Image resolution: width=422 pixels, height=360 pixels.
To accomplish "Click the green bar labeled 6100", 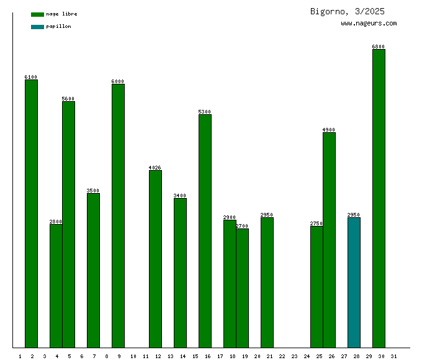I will pyautogui.click(x=31, y=214).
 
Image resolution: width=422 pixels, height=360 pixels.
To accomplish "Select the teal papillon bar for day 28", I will pyautogui.click(x=354, y=282).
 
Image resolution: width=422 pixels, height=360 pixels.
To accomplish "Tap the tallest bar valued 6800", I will pyautogui.click(x=379, y=198).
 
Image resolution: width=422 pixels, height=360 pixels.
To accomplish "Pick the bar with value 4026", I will pyautogui.click(x=155, y=259).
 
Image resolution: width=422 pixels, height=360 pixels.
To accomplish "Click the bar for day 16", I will pyautogui.click(x=205, y=231).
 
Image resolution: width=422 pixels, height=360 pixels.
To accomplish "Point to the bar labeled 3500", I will pyautogui.click(x=93, y=270).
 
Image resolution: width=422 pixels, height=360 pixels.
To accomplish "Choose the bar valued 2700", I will pyautogui.click(x=242, y=288).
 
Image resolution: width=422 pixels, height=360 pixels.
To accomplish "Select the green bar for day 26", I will pyautogui.click(x=329, y=240).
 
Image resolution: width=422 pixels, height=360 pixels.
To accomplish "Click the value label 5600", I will pyautogui.click(x=68, y=99).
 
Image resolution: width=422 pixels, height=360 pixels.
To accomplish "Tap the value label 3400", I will pyautogui.click(x=180, y=196).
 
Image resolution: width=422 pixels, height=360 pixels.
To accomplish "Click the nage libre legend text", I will pyautogui.click(x=61, y=14).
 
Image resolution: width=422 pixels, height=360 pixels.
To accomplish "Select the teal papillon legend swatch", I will pyautogui.click(x=38, y=27).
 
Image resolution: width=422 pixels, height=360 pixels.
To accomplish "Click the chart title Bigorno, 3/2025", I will pyautogui.click(x=347, y=11).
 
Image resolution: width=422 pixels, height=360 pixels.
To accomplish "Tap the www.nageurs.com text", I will pyautogui.click(x=369, y=24).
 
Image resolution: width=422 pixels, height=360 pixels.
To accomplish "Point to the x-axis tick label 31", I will pyautogui.click(x=394, y=356).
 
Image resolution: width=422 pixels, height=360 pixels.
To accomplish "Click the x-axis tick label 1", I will pyautogui.click(x=20, y=356).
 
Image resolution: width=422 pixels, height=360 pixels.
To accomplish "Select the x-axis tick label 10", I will pyautogui.click(x=133, y=356).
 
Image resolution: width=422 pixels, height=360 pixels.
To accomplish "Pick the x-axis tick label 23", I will pyautogui.click(x=294, y=356).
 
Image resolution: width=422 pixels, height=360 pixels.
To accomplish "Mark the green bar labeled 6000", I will pyautogui.click(x=118, y=215).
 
